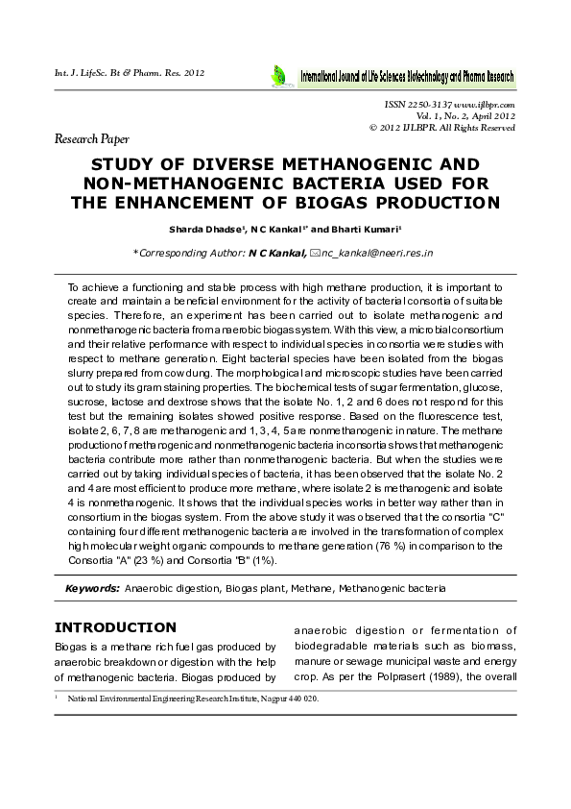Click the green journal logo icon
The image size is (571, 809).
pyautogui.click(x=279, y=74)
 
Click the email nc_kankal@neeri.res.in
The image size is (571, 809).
pyautogui.click(x=377, y=253)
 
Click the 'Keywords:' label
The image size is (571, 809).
pyautogui.click(x=92, y=586)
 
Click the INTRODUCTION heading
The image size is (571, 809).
pyautogui.click(x=115, y=627)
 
